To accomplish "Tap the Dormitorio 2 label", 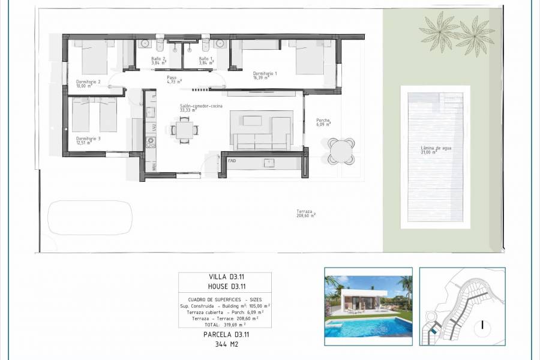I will click(x=88, y=82).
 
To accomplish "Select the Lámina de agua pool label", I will click(x=435, y=148).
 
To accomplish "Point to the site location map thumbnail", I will click(x=462, y=306).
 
